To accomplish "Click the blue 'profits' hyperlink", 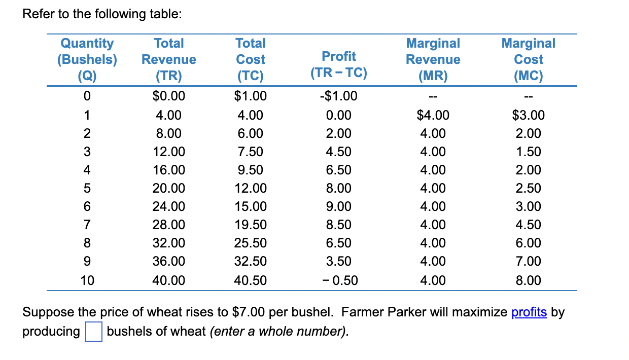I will [x=529, y=312].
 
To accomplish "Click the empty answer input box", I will [x=93, y=332].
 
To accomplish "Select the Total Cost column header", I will [x=251, y=59].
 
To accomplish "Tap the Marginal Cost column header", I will [x=528, y=59].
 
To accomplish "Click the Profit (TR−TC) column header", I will [x=339, y=64].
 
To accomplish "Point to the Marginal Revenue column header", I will [x=433, y=59].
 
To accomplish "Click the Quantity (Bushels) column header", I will [x=87, y=59].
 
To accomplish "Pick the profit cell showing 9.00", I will [x=339, y=206].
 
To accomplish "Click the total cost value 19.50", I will [x=251, y=225].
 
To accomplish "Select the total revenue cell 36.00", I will [x=169, y=261].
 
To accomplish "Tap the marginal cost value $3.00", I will [x=528, y=115].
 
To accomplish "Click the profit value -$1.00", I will [x=339, y=96].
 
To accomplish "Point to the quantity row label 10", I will [x=87, y=280].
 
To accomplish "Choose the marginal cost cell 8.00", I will [x=528, y=280].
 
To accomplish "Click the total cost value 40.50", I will [x=251, y=280].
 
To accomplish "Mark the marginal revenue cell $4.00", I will [x=433, y=115].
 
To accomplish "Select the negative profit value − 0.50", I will [x=339, y=280].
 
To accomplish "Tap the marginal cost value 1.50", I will [x=528, y=152].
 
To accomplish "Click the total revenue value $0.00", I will [x=169, y=96].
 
